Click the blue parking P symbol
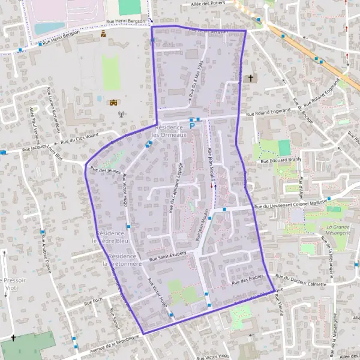click(x=192, y=125)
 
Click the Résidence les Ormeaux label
click(x=170, y=131)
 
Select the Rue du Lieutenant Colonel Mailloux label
click(x=290, y=206)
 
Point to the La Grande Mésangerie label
click(x=339, y=230)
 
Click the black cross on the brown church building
click(x=251, y=78)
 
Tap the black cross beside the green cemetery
click(x=13, y=338)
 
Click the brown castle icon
click(x=113, y=102)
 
